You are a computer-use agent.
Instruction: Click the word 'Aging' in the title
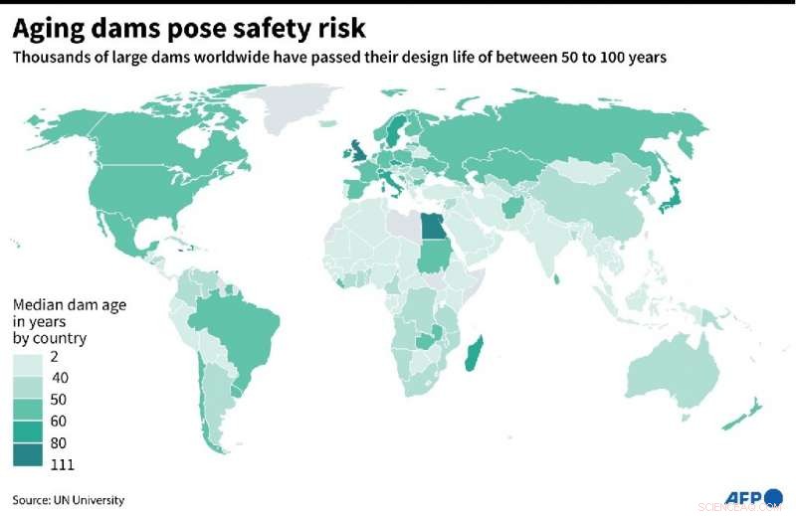pyautogui.click(x=51, y=27)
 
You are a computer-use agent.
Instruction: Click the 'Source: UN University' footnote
pyautogui.click(x=69, y=499)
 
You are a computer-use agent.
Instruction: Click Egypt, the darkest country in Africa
pyautogui.click(x=435, y=228)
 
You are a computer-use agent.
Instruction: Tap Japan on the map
pyautogui.click(x=673, y=200)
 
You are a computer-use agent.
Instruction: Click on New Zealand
pyautogui.click(x=744, y=415)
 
